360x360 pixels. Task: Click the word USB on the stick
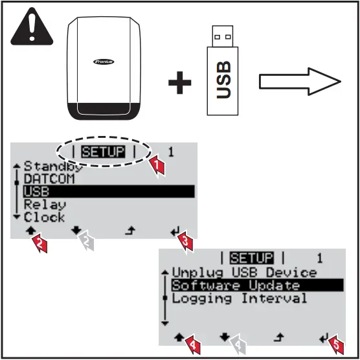click(223, 80)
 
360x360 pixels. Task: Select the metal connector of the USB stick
click(223, 36)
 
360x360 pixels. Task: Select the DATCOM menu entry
click(49, 178)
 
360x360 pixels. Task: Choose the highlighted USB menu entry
click(36, 192)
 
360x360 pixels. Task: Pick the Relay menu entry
click(45, 205)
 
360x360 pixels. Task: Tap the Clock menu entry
click(45, 218)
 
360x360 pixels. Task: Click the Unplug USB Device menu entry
click(244, 273)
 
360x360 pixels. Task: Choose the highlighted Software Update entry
click(236, 286)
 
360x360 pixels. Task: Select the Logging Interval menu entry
click(240, 298)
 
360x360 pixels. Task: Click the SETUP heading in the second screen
click(252, 258)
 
